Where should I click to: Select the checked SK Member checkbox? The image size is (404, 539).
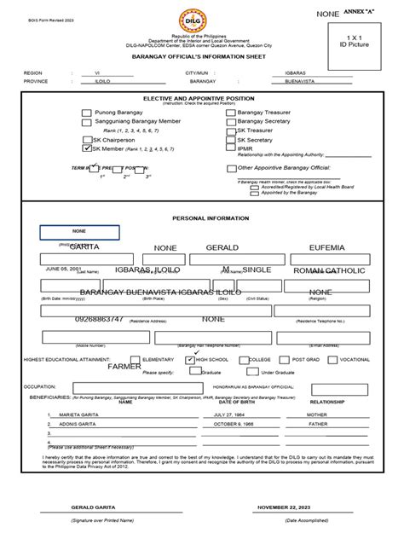pos(87,148)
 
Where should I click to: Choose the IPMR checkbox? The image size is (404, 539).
pos(230,148)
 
